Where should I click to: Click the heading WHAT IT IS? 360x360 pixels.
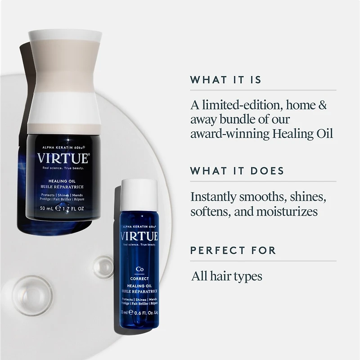(x=225, y=80)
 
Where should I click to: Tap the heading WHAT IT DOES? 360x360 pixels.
(x=237, y=171)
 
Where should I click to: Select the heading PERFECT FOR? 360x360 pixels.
(x=233, y=250)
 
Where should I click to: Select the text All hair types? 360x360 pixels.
(x=227, y=275)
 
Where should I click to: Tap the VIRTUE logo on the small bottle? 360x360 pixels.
(x=139, y=236)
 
